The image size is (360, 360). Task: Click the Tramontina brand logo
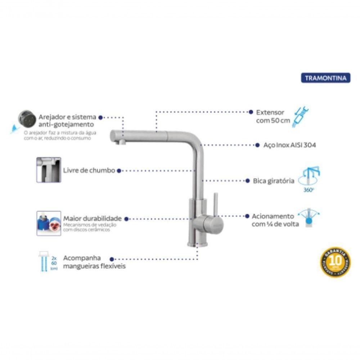(325, 78)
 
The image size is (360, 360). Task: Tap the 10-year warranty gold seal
(335, 262)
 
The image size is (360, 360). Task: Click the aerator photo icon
(27, 118)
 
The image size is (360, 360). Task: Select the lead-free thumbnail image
(49, 170)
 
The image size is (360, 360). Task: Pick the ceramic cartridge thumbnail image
(49, 223)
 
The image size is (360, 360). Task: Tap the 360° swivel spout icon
(311, 177)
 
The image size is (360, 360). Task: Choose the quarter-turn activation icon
(309, 217)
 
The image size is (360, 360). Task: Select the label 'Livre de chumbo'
(89, 170)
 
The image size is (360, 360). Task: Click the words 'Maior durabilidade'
(93, 219)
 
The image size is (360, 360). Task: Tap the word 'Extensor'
(270, 112)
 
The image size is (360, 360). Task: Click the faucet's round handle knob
(214, 224)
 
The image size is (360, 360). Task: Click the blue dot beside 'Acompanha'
(112, 259)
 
